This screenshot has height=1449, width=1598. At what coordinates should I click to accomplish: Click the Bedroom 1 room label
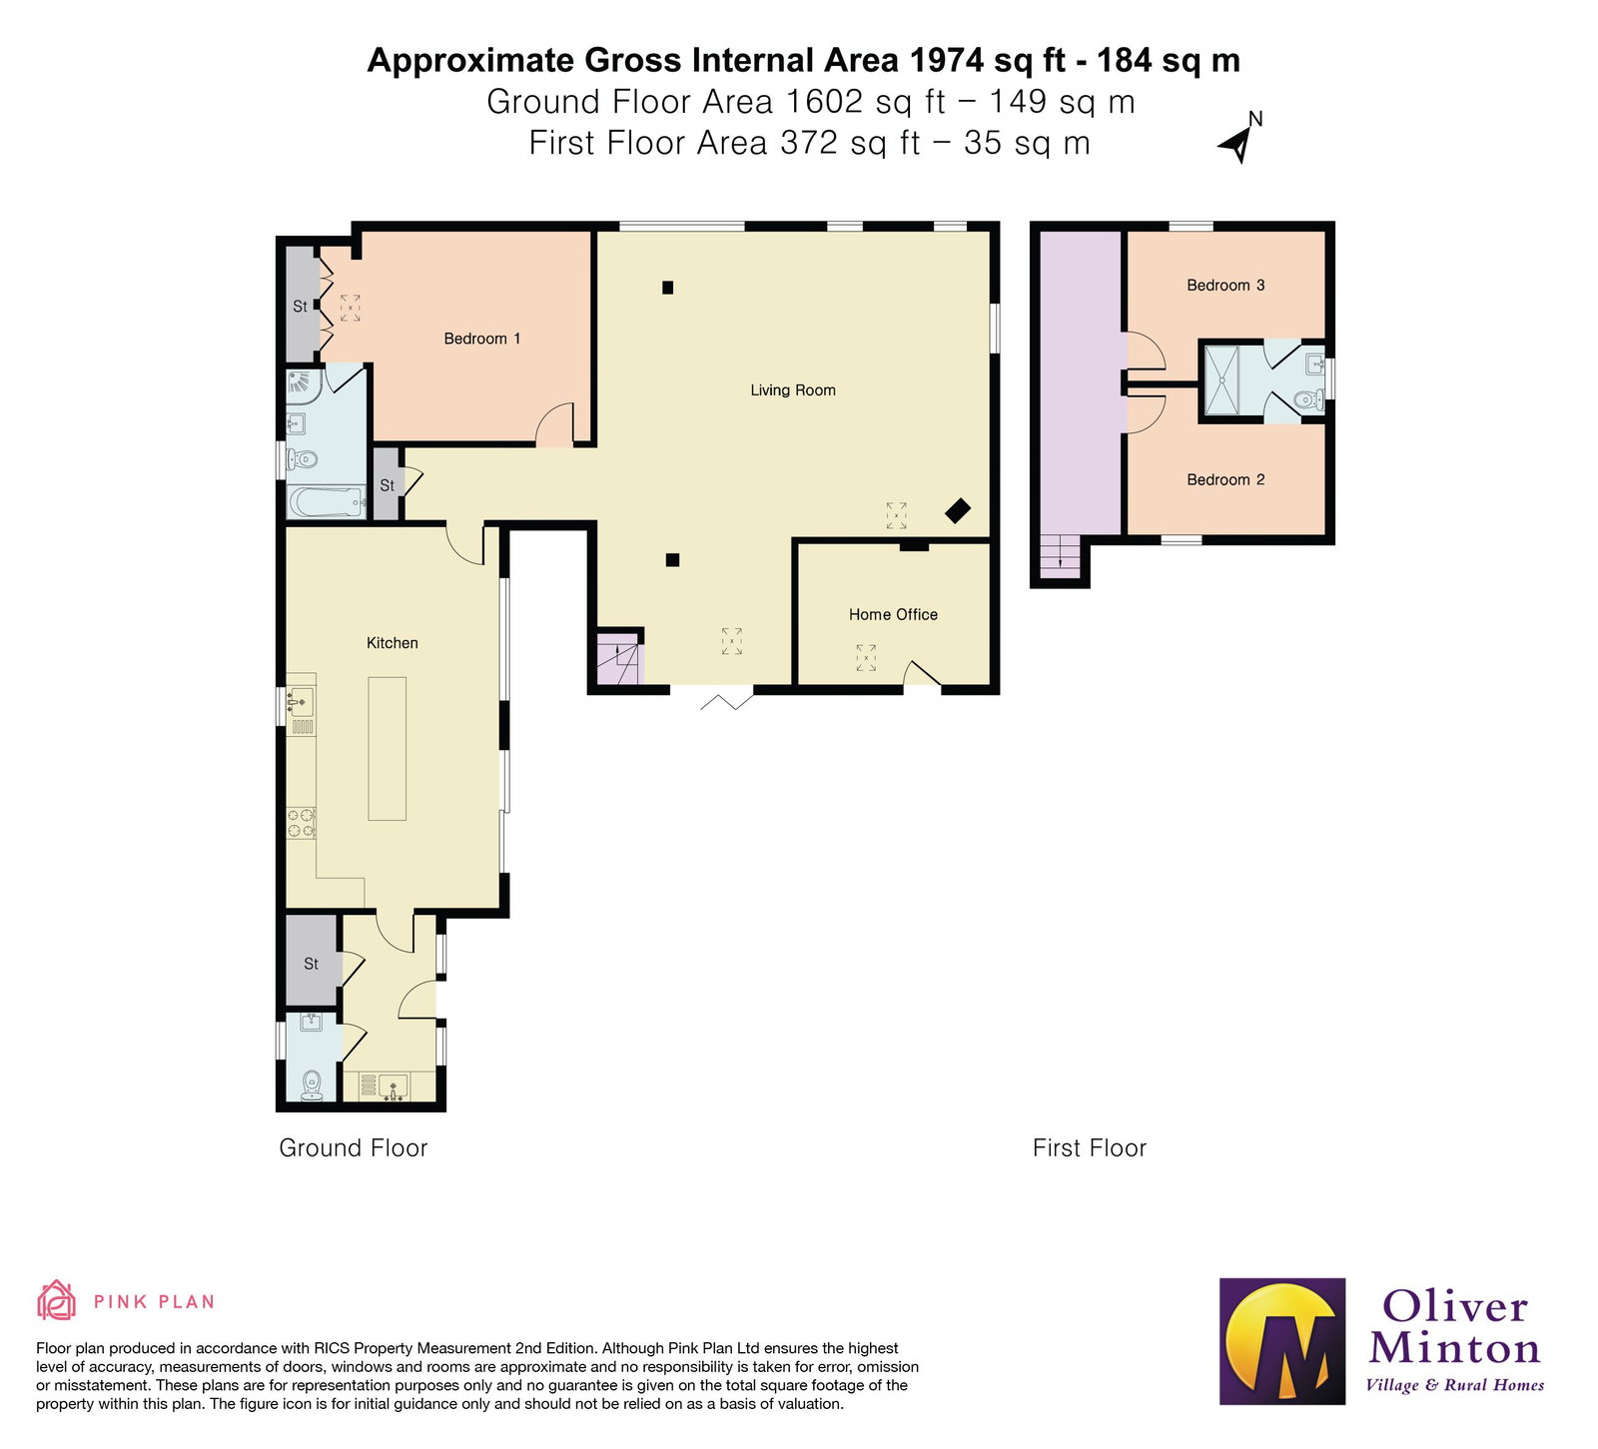point(482,339)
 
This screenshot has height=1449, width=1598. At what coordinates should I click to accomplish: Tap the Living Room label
point(793,390)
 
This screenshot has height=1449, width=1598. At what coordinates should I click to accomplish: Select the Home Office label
point(893,615)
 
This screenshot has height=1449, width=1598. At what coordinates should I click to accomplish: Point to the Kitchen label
point(393,643)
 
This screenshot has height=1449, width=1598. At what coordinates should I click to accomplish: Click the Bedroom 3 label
point(1225,286)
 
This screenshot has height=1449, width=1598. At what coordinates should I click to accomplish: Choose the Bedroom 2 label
point(1225,480)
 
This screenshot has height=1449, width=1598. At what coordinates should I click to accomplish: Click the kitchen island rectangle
point(388,749)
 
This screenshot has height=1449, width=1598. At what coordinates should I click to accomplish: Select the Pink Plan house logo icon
point(56,1300)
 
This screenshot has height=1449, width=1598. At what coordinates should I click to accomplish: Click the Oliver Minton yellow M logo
point(1282,1341)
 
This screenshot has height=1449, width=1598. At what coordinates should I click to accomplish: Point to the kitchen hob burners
point(302,823)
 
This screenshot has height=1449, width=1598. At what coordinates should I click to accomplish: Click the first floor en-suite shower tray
point(1221,379)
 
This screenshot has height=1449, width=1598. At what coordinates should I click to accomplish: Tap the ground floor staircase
point(620,660)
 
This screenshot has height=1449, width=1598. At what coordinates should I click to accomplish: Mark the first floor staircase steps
point(1060,556)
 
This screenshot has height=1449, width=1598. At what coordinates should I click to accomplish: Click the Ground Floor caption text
point(354,1148)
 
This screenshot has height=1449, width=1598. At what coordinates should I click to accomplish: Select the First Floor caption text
point(1090,1148)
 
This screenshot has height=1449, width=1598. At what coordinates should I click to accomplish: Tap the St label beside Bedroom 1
point(301,307)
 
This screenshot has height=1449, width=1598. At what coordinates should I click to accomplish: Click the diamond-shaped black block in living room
point(958,510)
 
